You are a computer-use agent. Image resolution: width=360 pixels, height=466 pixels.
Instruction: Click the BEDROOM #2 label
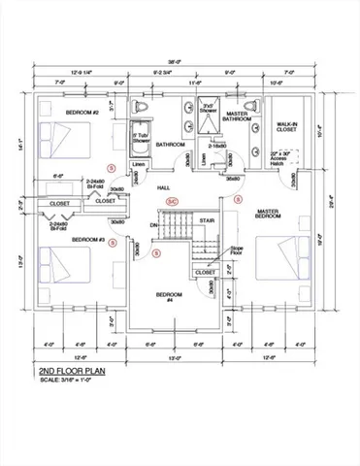pyautogui.click(x=84, y=114)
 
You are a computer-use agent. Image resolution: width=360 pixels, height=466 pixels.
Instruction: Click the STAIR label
pyautogui.click(x=207, y=220)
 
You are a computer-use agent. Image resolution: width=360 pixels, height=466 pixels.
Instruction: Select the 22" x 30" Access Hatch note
pyautogui.click(x=288, y=158)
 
